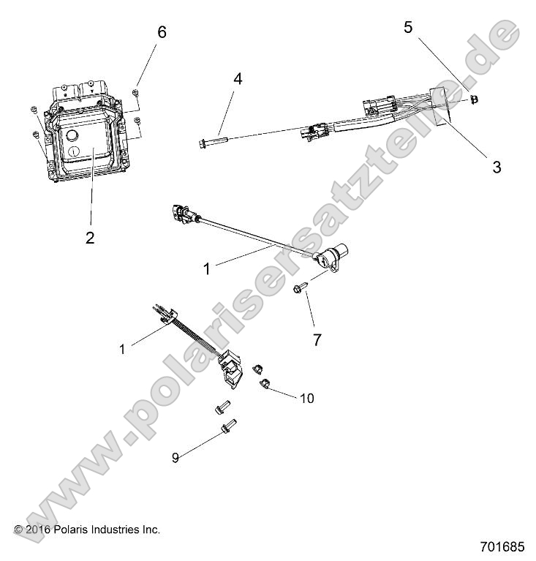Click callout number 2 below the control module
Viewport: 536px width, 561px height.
89,238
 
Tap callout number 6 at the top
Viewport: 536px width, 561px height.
162,32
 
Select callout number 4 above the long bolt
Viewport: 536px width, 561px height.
237,78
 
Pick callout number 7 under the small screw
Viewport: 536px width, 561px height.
317,320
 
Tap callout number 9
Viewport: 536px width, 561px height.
175,458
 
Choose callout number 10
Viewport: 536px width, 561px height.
306,399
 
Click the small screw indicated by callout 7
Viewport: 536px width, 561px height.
299,290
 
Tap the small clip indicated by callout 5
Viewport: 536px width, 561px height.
475,99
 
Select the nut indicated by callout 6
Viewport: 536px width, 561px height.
135,91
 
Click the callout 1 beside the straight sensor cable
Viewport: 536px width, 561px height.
206,269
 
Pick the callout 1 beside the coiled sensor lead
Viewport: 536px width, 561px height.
122,349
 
